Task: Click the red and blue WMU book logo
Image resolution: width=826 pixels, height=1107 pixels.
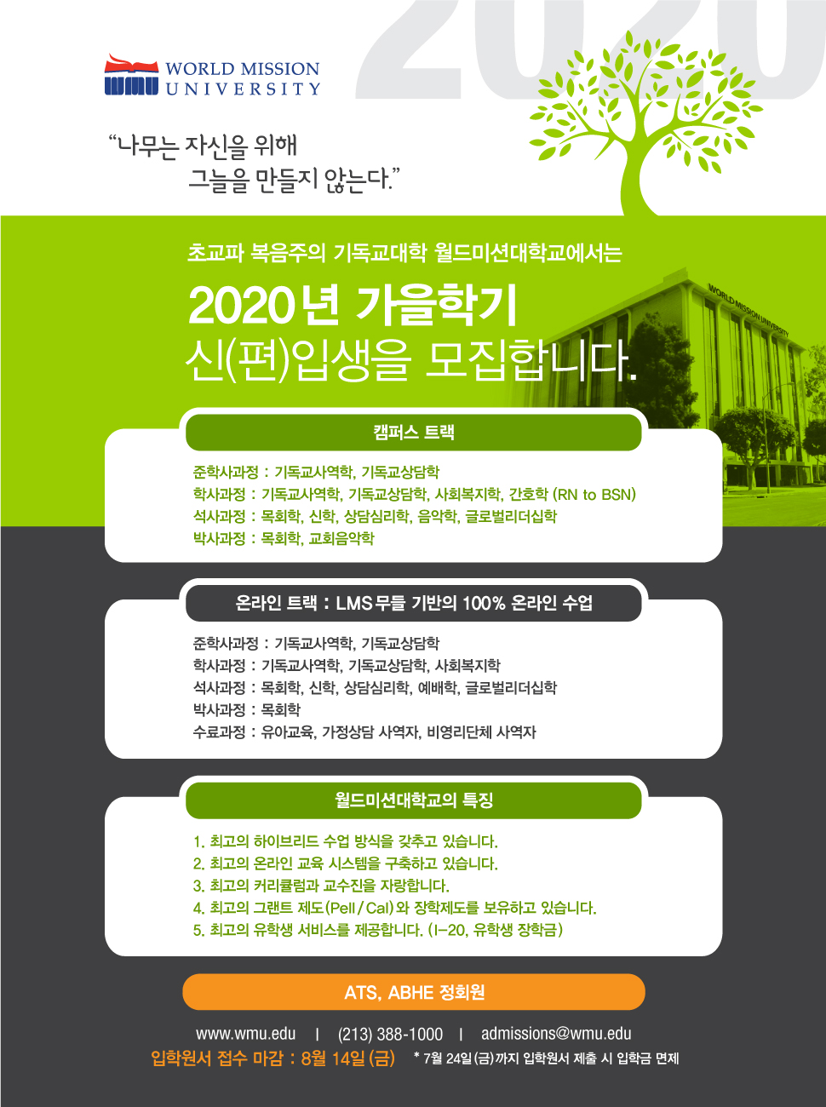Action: [131, 75]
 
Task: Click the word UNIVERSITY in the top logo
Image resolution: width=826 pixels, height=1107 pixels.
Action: [243, 89]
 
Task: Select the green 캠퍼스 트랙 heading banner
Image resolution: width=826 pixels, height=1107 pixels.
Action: [414, 433]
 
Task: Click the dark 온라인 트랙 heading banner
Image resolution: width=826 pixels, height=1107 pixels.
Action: [414, 603]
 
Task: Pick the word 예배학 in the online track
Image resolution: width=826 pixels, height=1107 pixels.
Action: [437, 688]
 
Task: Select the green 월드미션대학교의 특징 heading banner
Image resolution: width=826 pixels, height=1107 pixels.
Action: [414, 800]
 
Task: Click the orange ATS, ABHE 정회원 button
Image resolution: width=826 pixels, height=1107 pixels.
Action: [414, 992]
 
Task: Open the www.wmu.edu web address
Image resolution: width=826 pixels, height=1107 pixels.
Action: [245, 1034]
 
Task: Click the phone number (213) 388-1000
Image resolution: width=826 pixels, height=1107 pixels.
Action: [390, 1034]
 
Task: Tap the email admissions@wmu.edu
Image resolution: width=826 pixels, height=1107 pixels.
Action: [556, 1034]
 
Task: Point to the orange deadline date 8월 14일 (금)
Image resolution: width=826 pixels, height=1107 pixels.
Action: [347, 1058]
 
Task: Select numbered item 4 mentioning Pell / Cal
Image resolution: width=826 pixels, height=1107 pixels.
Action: [394, 908]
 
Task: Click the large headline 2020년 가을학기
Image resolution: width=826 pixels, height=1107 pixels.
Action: [353, 306]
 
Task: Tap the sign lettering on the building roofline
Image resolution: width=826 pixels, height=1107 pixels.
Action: [749, 310]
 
